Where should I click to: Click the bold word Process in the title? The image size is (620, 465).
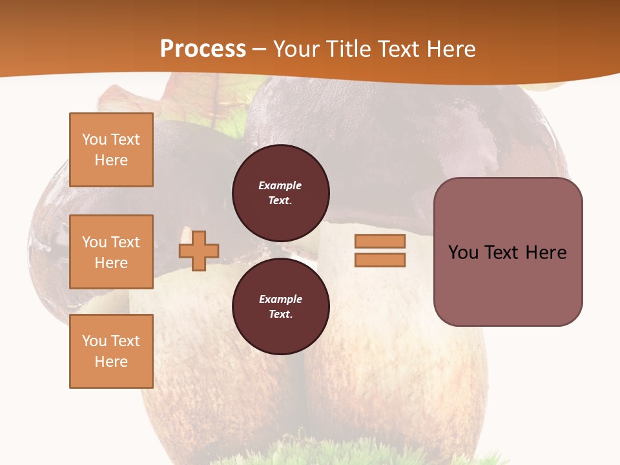click(203, 49)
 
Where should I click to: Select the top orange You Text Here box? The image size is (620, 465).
click(111, 150)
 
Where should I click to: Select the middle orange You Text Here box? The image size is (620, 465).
click(111, 252)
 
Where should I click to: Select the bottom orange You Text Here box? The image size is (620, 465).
click(111, 351)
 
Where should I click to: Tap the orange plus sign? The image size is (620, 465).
click(199, 249)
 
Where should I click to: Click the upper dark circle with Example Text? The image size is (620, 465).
click(281, 193)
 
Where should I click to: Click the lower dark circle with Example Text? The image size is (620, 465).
click(281, 307)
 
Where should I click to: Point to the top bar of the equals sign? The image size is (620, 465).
click(380, 242)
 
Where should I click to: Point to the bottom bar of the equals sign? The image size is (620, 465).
click(380, 260)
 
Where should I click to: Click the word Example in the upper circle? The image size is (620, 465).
click(280, 185)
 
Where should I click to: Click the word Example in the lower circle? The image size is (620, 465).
click(280, 299)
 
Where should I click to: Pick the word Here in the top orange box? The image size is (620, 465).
click(111, 160)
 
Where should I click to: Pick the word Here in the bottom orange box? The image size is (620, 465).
click(111, 362)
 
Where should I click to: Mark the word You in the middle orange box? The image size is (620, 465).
click(93, 242)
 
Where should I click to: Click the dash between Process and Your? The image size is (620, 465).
click(260, 49)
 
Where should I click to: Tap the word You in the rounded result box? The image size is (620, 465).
click(463, 253)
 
